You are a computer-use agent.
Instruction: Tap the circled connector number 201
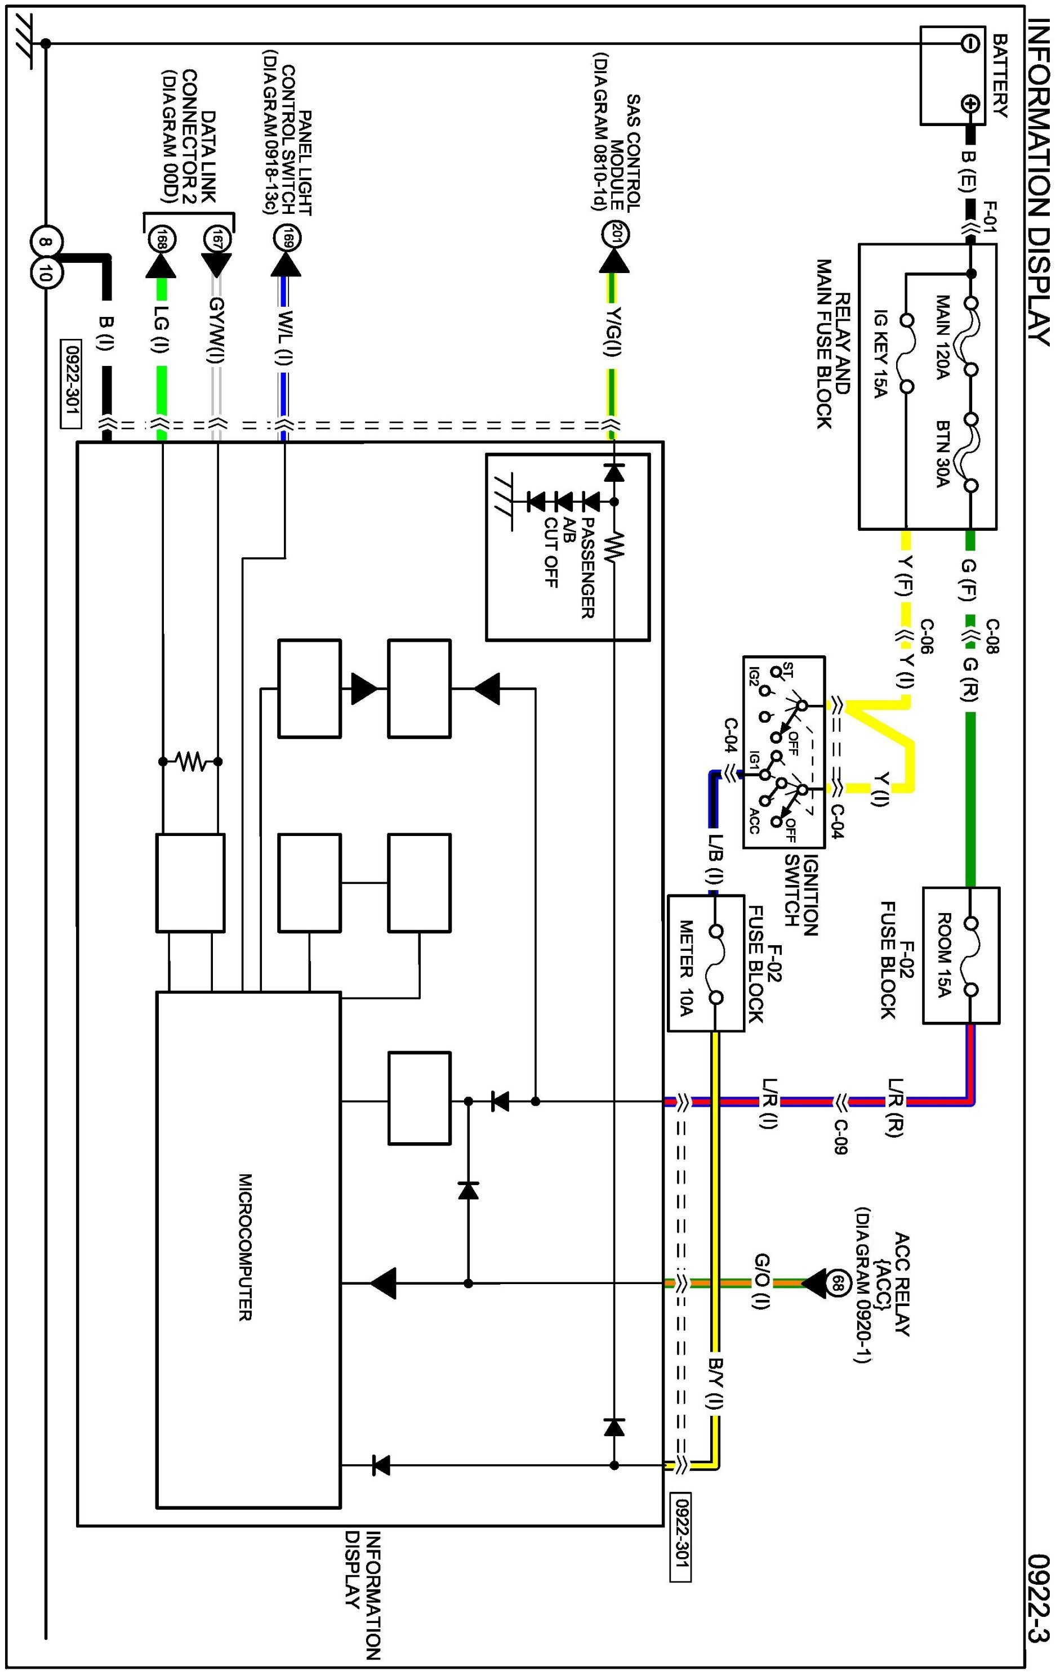[x=614, y=235]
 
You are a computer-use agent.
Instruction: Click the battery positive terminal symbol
[x=970, y=105]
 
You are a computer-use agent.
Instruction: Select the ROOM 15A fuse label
[x=944, y=955]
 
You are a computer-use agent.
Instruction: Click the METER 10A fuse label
[x=686, y=966]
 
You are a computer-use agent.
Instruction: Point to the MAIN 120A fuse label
[x=943, y=338]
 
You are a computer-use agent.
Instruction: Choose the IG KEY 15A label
[x=881, y=354]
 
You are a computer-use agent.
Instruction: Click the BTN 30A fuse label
[x=943, y=454]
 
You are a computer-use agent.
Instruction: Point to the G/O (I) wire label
[x=761, y=1282]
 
